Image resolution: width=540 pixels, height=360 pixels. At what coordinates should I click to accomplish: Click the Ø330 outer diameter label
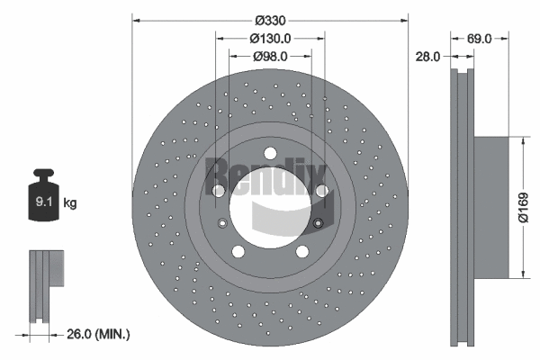[x=271, y=20]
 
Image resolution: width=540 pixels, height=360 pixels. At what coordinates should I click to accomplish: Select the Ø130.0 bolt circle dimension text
[x=270, y=39]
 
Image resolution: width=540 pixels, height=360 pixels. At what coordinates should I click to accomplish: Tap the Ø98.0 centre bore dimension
[x=269, y=56]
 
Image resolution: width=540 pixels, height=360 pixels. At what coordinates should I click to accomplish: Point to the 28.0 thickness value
[x=427, y=56]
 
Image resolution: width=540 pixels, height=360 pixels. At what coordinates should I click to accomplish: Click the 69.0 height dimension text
[x=480, y=39]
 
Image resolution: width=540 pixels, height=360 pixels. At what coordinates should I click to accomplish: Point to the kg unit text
[x=70, y=203]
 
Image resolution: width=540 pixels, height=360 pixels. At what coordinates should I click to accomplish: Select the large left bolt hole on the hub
[x=218, y=190]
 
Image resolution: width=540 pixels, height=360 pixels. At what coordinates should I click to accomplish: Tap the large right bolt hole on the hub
[x=321, y=190]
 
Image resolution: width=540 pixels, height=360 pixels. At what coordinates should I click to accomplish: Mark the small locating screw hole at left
[x=222, y=223]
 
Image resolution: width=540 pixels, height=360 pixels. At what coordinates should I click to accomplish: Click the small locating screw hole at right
[x=317, y=223]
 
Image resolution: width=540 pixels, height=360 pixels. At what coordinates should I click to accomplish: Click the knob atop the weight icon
[x=43, y=174]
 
